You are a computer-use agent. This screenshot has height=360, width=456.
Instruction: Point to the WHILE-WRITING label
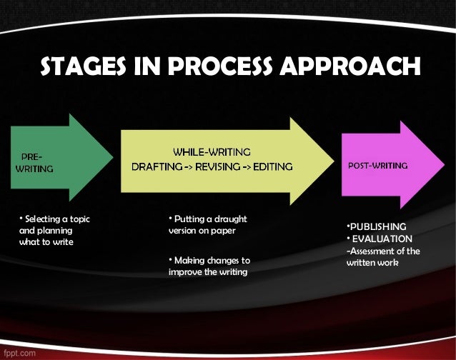(x=212, y=151)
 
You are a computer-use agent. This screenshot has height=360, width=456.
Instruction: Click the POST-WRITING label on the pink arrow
(x=377, y=165)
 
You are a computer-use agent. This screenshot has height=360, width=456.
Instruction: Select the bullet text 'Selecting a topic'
(x=59, y=219)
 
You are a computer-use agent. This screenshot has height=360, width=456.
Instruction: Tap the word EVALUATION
(x=381, y=238)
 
